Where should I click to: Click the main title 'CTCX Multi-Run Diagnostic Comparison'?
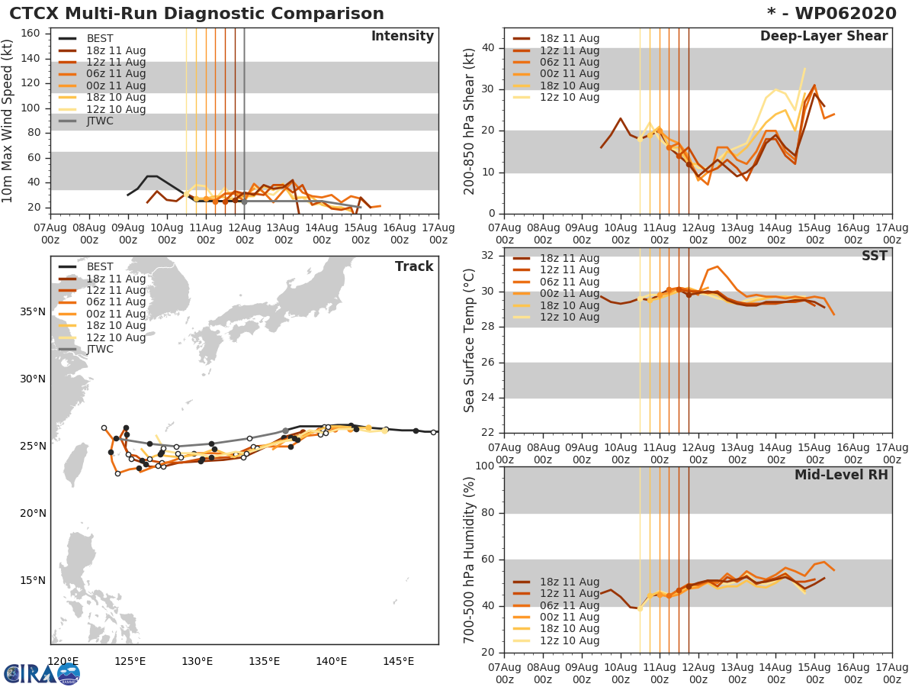197,14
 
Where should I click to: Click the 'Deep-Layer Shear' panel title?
823,37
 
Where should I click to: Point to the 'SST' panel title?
874,256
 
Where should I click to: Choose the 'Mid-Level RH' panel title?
841,475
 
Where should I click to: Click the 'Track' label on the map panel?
414,266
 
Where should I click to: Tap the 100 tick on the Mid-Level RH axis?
485,466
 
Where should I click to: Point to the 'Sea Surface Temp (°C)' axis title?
470,341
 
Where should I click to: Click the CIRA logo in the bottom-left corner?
41,673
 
